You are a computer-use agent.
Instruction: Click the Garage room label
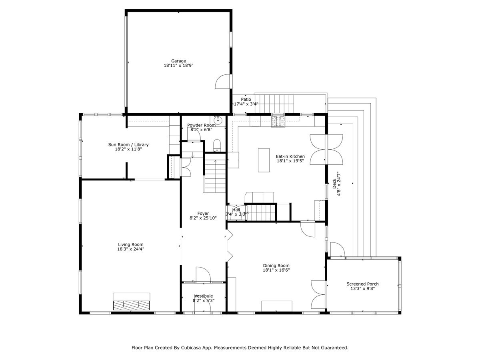tap(178, 61)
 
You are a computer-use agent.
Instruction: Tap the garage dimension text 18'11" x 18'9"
tap(178, 65)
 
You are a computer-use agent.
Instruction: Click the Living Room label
tap(130, 244)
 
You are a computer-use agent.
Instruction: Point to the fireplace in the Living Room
tap(131, 302)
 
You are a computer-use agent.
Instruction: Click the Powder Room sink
tap(218, 120)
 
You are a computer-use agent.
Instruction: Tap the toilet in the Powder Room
tap(217, 145)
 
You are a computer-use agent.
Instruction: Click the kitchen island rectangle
tap(264, 160)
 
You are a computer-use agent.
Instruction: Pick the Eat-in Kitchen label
tap(290, 156)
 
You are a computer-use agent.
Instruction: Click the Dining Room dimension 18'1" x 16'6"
tap(276, 270)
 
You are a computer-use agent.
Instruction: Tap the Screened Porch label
tap(362, 284)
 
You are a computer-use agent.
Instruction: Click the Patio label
tap(246, 99)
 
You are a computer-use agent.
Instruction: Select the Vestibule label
tap(203, 296)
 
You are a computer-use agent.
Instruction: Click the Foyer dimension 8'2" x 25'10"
tap(203, 218)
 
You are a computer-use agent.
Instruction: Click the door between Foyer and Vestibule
tap(203, 275)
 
